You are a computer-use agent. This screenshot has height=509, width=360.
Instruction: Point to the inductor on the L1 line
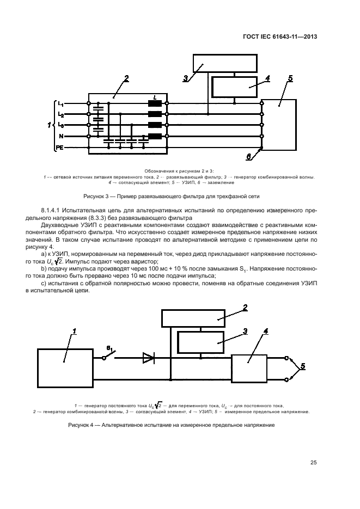click(155, 103)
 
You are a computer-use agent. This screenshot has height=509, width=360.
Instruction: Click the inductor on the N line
click(155, 136)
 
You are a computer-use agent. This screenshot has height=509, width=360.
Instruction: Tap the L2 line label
click(61, 115)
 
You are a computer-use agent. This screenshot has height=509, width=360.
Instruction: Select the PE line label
click(60, 148)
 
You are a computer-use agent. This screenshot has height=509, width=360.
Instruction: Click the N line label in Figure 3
click(61, 136)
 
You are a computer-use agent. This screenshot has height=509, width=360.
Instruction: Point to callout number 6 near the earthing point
click(248, 157)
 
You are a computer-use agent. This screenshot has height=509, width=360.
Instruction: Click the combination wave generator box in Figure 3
click(225, 65)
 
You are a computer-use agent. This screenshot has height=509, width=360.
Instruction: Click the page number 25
click(313, 463)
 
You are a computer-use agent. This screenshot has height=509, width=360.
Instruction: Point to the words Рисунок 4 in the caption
click(81, 425)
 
